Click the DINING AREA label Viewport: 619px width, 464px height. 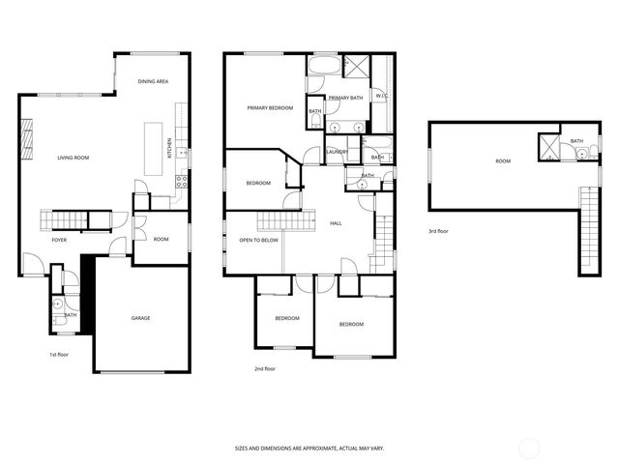(x=153, y=82)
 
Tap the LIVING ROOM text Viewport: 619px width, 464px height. (x=74, y=157)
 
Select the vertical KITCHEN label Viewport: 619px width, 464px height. (x=169, y=149)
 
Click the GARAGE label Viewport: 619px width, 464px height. (x=141, y=318)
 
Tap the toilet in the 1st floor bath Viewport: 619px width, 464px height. (x=59, y=302)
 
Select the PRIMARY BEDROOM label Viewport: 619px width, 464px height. (x=270, y=108)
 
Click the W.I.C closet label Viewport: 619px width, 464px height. (x=382, y=96)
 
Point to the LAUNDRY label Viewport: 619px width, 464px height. (x=337, y=152)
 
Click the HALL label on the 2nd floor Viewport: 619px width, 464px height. (x=336, y=223)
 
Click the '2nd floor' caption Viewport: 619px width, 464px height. (x=265, y=368)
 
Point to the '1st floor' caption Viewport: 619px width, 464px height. (x=59, y=354)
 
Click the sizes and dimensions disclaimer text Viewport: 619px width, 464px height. (x=309, y=448)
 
